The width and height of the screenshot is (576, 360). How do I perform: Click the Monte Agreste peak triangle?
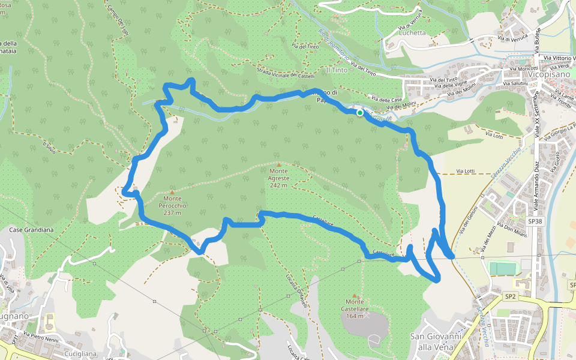(x=278, y=164)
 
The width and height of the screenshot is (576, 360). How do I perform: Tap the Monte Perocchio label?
(x=172, y=202)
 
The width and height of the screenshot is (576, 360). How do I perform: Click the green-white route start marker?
(x=359, y=112)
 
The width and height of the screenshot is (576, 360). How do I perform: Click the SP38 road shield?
(x=535, y=221)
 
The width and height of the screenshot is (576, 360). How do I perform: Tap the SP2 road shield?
(x=510, y=296)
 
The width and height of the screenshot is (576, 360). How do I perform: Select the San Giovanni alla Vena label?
(x=434, y=341)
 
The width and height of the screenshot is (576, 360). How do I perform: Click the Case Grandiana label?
(x=32, y=230)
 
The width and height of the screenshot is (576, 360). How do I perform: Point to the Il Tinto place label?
(x=336, y=70)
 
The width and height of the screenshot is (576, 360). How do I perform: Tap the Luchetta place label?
(x=412, y=33)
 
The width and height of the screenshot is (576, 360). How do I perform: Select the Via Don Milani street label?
(x=507, y=231)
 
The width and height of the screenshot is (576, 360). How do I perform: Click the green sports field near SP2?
(x=503, y=268)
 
